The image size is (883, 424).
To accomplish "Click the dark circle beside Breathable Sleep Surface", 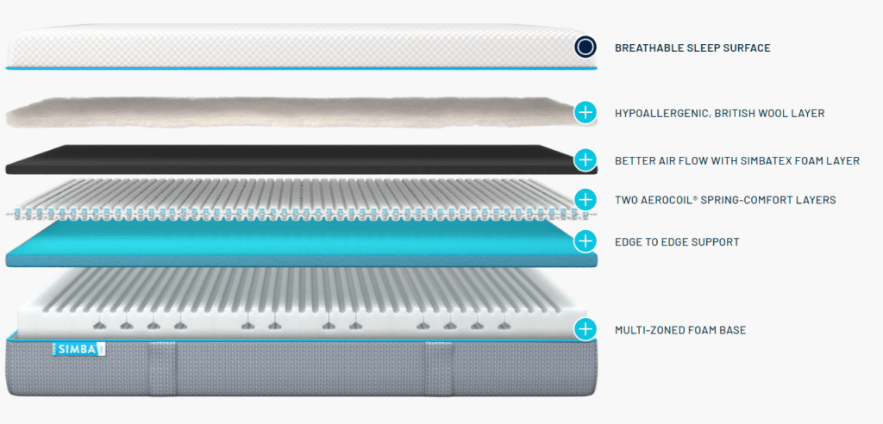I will tap(586, 47).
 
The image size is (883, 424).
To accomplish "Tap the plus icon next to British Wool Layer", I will tap(586, 112).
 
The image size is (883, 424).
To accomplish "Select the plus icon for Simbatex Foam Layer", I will tap(586, 159).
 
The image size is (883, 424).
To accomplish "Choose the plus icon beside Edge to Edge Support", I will tap(586, 240).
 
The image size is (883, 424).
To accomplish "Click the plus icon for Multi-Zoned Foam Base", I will tap(586, 328).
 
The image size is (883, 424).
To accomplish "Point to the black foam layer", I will tap(285, 159).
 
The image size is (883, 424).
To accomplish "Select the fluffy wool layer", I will tap(285, 113).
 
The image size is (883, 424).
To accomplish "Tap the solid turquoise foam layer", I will tap(285, 243).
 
